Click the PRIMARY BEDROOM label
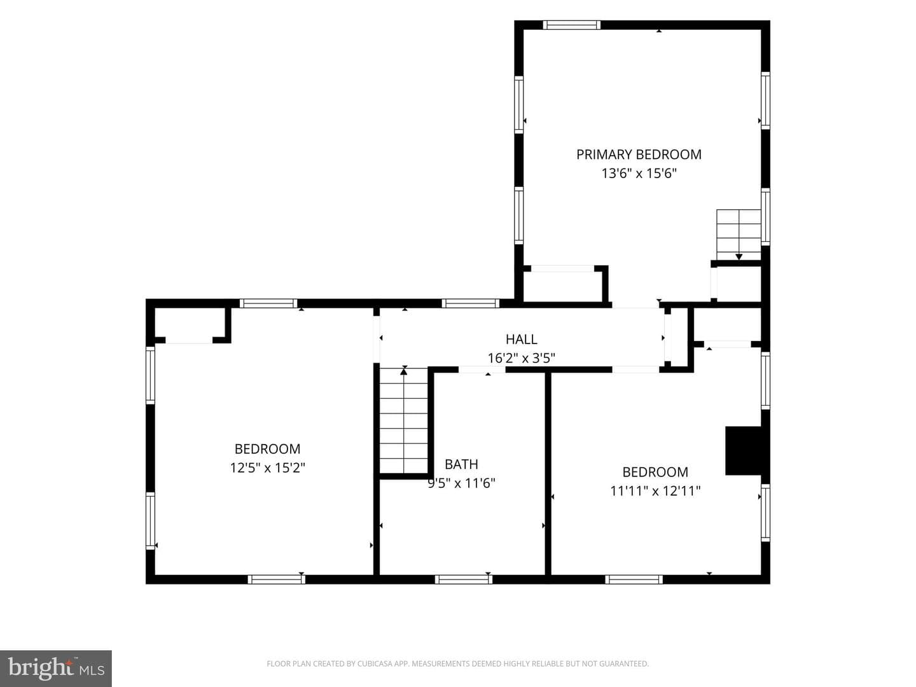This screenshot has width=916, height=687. click(639, 155)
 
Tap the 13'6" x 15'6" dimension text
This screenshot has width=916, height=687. click(639, 173)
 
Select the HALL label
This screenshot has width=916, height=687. click(521, 339)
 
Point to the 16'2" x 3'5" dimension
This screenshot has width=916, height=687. click(521, 358)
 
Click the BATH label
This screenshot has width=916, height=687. click(461, 464)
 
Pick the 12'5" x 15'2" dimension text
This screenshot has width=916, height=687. click(268, 468)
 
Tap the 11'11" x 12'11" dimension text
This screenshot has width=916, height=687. click(655, 490)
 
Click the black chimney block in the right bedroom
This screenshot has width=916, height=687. click(743, 450)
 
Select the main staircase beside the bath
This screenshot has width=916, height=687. click(403, 420)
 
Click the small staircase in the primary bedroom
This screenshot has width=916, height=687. click(739, 235)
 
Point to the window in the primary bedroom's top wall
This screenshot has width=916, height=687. click(572, 25)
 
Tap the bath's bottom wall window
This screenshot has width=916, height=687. click(464, 579)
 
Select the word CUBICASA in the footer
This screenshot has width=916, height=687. click(373, 663)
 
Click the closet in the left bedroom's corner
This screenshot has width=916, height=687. click(190, 324)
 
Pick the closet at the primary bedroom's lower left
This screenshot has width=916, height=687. click(562, 286)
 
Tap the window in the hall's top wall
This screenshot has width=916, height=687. click(471, 303)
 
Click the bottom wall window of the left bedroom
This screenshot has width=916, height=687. click(276, 579)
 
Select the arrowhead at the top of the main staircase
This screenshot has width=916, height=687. click(404, 371)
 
